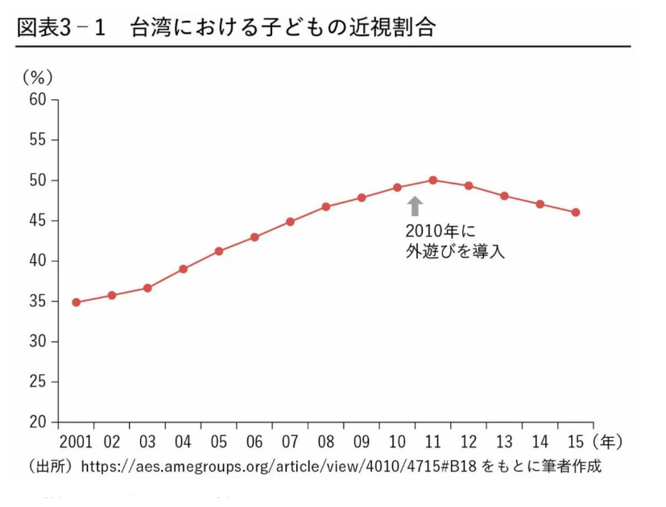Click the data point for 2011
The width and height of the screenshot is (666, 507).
click(x=432, y=180)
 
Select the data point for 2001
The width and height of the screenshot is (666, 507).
click(x=76, y=302)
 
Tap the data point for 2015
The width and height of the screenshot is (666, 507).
click(x=576, y=213)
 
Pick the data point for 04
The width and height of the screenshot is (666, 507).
click(x=183, y=268)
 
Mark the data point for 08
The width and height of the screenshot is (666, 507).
click(x=326, y=206)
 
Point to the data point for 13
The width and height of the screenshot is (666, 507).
click(x=504, y=196)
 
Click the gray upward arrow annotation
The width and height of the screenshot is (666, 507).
click(x=415, y=206)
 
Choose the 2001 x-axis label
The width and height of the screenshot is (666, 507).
click(x=76, y=442)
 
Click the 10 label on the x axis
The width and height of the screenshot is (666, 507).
click(x=397, y=442)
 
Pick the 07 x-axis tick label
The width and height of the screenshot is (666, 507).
click(x=290, y=442)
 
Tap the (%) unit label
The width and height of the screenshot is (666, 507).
click(x=37, y=77)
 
